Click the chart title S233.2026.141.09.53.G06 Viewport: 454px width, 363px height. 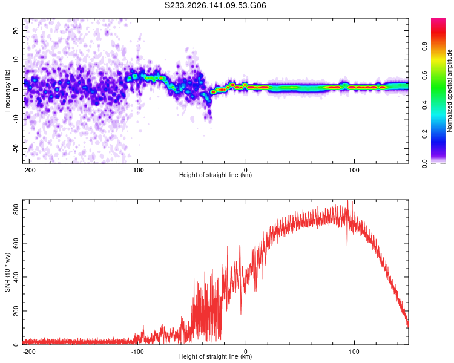[x=215, y=5]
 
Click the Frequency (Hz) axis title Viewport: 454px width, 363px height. [x=7, y=91]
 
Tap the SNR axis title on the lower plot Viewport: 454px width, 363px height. [x=7, y=272]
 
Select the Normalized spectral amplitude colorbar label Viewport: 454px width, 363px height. [x=449, y=91]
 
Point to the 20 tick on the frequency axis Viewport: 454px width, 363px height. [x=16, y=30]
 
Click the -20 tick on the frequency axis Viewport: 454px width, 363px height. [x=16, y=148]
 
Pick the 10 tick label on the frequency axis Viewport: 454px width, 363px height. [x=16, y=60]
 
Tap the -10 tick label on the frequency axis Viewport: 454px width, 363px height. [x=16, y=119]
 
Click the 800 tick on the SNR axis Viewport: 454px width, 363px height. [x=16, y=209]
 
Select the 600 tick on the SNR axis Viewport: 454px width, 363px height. [x=16, y=243]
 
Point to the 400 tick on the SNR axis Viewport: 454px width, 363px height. [x=16, y=276]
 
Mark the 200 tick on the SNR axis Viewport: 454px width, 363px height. [x=16, y=310]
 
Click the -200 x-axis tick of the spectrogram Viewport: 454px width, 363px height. [x=29, y=170]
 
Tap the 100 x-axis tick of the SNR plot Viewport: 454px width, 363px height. [x=354, y=352]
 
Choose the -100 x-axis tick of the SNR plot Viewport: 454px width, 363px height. [x=137, y=352]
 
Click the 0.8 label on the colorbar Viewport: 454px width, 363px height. [x=424, y=47]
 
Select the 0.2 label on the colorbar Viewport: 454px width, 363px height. [x=424, y=134]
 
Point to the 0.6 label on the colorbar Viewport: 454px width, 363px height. [x=424, y=76]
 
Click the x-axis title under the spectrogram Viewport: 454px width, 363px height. [x=215, y=175]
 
